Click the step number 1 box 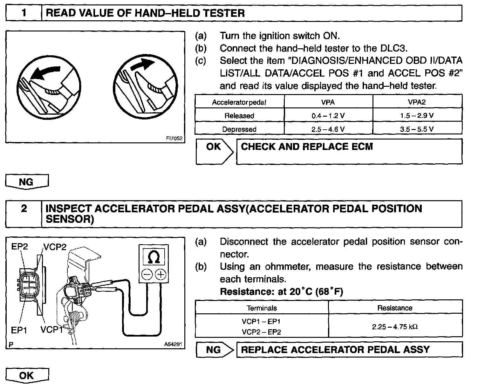[24, 13]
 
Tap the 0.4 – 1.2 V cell [328, 116]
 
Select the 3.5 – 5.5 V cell [417, 129]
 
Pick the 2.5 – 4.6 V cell [328, 129]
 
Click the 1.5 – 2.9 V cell [417, 116]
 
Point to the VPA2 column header [417, 102]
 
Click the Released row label [239, 116]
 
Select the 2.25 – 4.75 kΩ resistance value [395, 326]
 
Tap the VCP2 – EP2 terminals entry [261, 332]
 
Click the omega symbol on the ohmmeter [154, 257]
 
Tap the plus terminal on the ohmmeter [161, 274]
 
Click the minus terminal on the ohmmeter [147, 274]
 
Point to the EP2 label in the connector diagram [19, 247]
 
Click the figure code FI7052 [174, 139]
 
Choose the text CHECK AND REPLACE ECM [307, 147]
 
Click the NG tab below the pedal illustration [26, 181]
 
